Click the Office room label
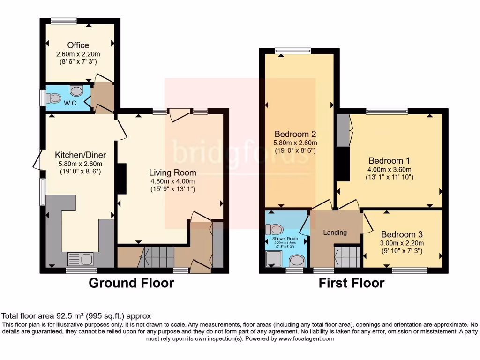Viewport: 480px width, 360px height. pos(78,45)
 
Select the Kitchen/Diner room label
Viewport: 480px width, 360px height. pos(80,155)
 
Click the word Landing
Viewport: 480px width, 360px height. pos(335,232)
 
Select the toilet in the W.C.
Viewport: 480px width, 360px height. pos(54,98)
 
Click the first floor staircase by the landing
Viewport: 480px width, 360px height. pos(347,256)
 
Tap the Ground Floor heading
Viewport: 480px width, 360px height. pos(131,283)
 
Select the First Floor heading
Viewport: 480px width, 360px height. pos(352,283)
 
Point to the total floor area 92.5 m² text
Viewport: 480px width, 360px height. pos(76,316)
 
